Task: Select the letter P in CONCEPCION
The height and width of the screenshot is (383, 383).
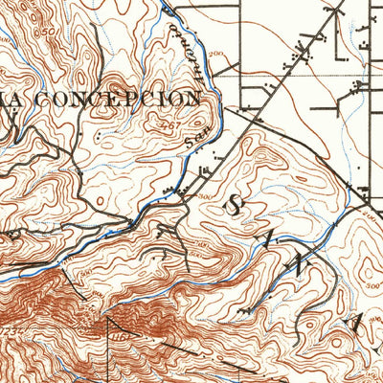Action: [x=137, y=99]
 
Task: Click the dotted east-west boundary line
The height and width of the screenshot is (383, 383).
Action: [x=306, y=75]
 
